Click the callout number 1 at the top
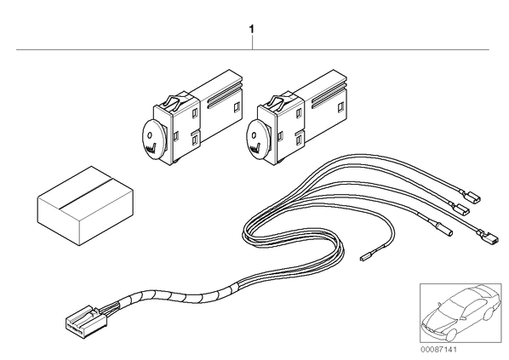[x=251, y=30]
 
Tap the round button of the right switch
[x=258, y=140]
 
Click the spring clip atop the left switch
[x=176, y=100]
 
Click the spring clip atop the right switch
[x=281, y=100]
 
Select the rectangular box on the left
[x=85, y=205]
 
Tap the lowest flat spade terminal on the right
[x=486, y=237]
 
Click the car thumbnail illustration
[x=460, y=312]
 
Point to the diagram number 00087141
[x=438, y=350]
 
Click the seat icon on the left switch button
[x=151, y=147]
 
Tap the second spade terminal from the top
[x=460, y=208]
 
